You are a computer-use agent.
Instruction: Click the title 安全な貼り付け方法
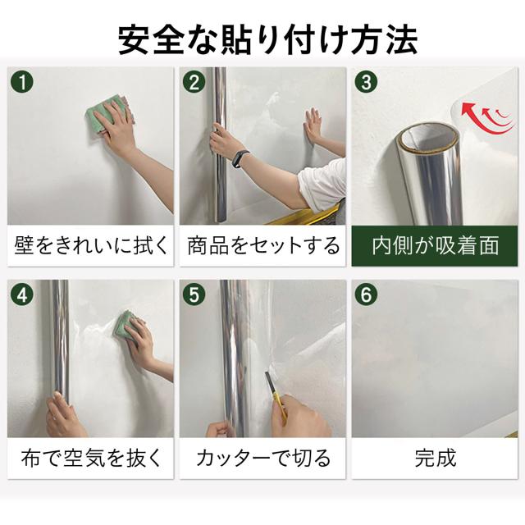268,40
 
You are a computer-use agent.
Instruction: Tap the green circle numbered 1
22,82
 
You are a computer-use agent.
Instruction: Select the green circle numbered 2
194,82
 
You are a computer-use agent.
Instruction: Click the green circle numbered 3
367,82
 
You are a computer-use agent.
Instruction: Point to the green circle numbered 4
22,294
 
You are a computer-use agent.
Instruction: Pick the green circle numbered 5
194,294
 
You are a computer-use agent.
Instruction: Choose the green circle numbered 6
367,294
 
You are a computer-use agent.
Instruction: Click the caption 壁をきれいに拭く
91,245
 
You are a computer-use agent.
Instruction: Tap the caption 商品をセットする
263,245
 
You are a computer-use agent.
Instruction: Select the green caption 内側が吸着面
435,245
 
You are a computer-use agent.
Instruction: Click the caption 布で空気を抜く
91,458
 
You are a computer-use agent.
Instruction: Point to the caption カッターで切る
263,458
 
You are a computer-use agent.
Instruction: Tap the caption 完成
435,458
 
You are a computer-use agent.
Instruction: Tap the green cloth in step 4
126,326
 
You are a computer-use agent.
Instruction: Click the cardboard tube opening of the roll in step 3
430,137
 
